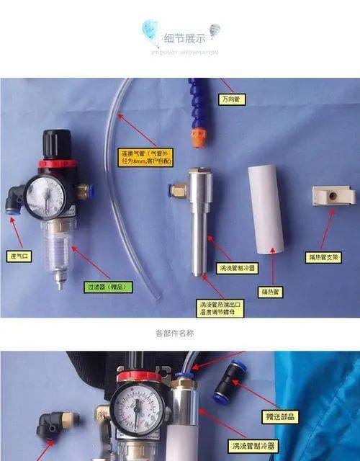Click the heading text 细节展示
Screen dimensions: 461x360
tap(185, 39)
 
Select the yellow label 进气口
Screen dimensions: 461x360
tap(19, 256)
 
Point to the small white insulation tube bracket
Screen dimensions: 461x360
tap(333, 194)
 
